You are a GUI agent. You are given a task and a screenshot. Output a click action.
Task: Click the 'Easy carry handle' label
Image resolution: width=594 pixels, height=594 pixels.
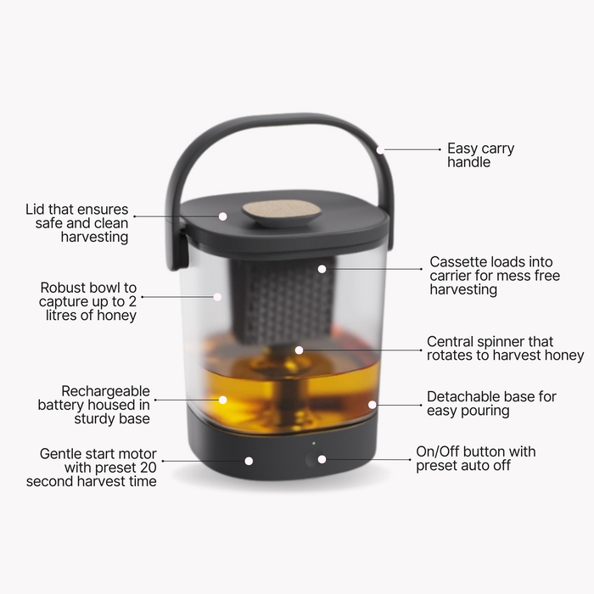[480, 155]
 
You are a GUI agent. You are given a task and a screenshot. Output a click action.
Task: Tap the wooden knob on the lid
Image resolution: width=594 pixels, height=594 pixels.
[282, 211]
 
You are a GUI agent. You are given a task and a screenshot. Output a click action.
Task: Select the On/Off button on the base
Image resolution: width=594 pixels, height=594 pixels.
[311, 459]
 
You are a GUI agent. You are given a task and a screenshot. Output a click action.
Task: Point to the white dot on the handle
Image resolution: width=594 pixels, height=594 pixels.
[380, 149]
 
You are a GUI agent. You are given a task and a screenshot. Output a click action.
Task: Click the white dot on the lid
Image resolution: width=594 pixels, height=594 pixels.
[223, 216]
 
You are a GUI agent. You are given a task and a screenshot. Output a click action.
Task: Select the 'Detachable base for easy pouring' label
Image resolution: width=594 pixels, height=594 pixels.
[491, 404]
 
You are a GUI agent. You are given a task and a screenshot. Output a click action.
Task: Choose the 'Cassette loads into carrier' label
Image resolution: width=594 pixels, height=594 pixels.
[495, 276]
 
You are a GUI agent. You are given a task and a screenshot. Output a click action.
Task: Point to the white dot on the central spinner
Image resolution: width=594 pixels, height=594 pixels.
[299, 349]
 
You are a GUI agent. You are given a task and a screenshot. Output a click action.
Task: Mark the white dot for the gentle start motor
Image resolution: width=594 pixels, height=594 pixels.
[249, 461]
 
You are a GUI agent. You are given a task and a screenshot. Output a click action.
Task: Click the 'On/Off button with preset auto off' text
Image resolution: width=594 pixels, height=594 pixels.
[475, 459]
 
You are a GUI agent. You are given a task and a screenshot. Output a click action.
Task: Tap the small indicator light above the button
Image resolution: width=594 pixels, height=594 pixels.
[312, 443]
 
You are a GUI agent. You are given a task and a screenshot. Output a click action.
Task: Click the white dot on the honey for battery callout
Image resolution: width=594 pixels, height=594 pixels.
[223, 399]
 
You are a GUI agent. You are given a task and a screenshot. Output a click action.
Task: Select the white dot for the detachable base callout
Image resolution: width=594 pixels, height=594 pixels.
[372, 405]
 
